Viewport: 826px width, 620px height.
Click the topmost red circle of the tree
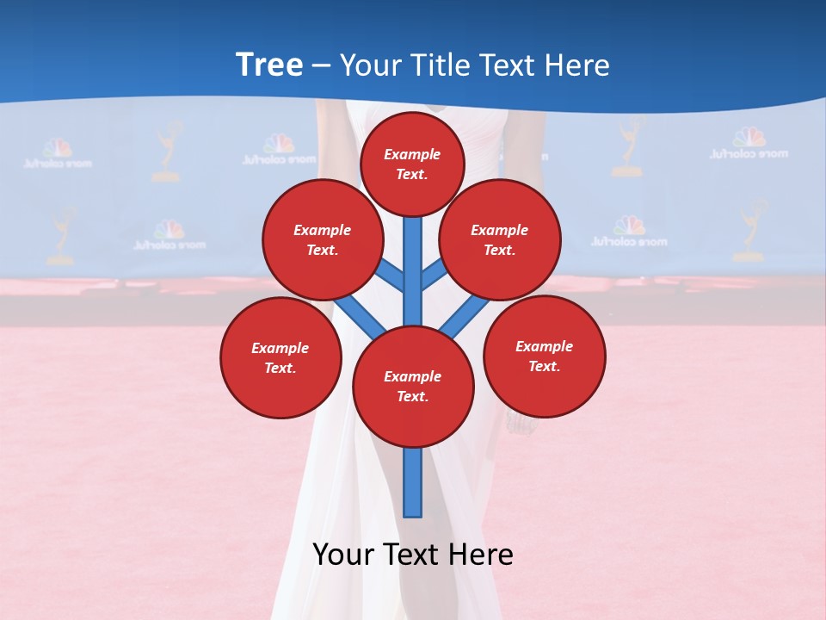pos(412,164)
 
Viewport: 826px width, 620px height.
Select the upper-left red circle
pos(322,240)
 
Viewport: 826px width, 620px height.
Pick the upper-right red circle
pos(500,240)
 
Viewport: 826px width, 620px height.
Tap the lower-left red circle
pos(280,357)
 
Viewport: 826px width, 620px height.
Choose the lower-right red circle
pos(544,356)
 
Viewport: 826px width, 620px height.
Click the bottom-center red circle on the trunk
pos(413,387)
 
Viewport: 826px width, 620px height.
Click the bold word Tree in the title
pos(269,65)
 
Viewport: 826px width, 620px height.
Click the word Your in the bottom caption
pos(344,555)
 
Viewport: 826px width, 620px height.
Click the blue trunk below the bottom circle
pos(413,482)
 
